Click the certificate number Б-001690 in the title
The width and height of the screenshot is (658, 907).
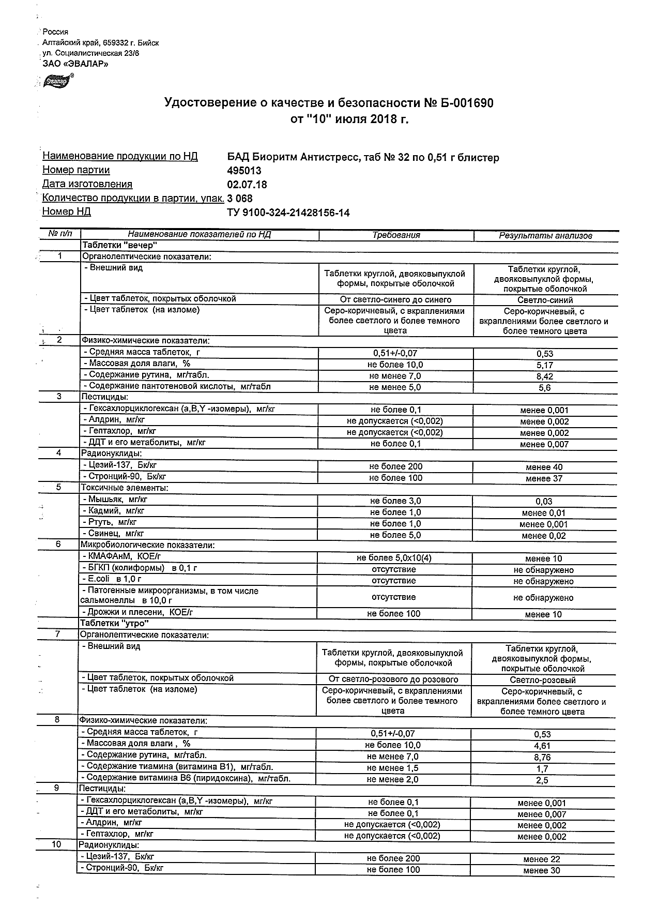(x=466, y=103)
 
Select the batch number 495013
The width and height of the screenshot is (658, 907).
(x=244, y=171)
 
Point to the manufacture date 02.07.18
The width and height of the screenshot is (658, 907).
(x=247, y=185)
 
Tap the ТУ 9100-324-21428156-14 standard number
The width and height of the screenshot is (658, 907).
(x=288, y=213)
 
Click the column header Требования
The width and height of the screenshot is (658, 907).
(x=396, y=235)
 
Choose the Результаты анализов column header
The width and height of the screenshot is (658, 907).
(x=545, y=236)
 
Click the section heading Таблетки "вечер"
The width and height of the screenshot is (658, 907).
(x=119, y=246)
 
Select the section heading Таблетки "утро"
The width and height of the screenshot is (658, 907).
(x=114, y=624)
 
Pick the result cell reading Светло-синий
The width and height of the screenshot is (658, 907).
(x=545, y=300)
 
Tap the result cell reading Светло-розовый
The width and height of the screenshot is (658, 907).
(x=543, y=680)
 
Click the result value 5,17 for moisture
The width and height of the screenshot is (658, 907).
(x=545, y=365)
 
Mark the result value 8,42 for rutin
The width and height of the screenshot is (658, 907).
(x=545, y=376)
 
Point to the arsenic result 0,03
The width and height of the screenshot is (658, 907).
(x=544, y=502)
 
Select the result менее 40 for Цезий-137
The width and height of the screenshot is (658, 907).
(x=544, y=467)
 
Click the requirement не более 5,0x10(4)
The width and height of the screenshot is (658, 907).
(x=394, y=558)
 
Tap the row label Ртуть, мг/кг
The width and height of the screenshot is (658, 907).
(x=112, y=522)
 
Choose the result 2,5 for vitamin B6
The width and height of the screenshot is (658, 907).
(x=542, y=780)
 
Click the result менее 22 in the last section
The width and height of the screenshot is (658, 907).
(x=541, y=859)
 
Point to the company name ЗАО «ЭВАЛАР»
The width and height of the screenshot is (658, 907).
(x=75, y=64)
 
